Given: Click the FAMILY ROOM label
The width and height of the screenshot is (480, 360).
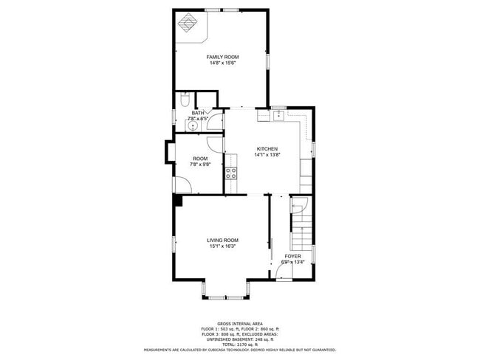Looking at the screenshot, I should point(222,57).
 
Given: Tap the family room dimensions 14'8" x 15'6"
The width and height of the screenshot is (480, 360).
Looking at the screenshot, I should point(222,63).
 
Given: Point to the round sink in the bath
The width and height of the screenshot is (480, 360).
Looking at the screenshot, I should point(193,125).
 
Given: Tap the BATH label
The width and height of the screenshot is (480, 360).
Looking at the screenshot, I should point(197,112).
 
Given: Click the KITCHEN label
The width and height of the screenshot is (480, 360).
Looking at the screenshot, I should point(267,148).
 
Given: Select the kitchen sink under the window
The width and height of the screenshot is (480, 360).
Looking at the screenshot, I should point(278,116).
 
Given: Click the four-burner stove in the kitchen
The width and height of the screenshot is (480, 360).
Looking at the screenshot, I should point(231,174).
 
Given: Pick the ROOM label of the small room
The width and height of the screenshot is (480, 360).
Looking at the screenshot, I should point(200,159).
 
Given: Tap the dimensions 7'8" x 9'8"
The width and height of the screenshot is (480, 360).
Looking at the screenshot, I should point(200,165).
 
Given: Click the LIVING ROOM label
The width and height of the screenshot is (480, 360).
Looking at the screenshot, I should point(222,240).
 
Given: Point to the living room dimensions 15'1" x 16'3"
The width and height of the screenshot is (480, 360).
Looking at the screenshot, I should point(222,246).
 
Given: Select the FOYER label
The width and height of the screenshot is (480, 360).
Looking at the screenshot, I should point(293,256).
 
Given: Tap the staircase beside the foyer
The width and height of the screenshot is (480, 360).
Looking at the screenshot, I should point(301,225).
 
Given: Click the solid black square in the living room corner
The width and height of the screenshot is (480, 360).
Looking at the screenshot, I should point(178,200).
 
